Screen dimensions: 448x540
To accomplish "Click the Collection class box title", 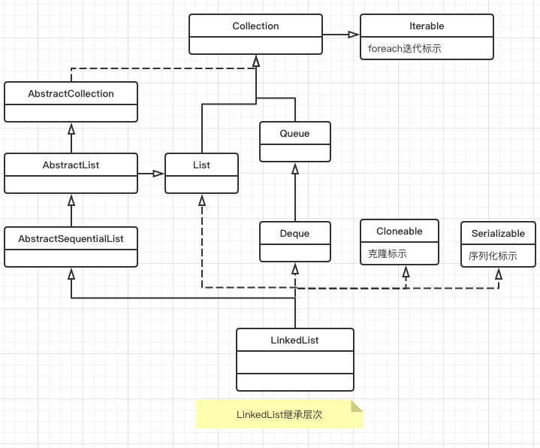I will [255, 26].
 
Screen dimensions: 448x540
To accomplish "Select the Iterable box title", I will [427, 26].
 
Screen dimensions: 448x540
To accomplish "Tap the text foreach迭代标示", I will [404, 48].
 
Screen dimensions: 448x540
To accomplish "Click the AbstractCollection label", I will [71, 94].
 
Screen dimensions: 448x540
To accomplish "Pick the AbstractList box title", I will [71, 165].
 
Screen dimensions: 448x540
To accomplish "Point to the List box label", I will [201, 165].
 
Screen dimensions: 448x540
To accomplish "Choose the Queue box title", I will [294, 134].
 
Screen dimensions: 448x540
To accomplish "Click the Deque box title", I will [294, 234].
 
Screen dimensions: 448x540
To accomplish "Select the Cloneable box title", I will [400, 232].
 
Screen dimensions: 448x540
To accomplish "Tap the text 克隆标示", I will [388, 254].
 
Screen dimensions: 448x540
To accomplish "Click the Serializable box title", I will [498, 234].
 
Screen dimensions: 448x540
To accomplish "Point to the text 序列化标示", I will [493, 256].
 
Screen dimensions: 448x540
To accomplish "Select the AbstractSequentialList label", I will [71, 238].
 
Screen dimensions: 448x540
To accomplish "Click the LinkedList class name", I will [294, 341].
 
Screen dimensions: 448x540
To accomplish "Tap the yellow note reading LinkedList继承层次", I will [279, 414].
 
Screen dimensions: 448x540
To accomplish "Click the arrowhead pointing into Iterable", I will [354, 34].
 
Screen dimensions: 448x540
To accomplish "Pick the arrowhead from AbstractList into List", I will [158, 174].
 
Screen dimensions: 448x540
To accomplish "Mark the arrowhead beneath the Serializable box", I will [499, 274].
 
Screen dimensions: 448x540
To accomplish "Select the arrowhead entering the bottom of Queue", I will [295, 168].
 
